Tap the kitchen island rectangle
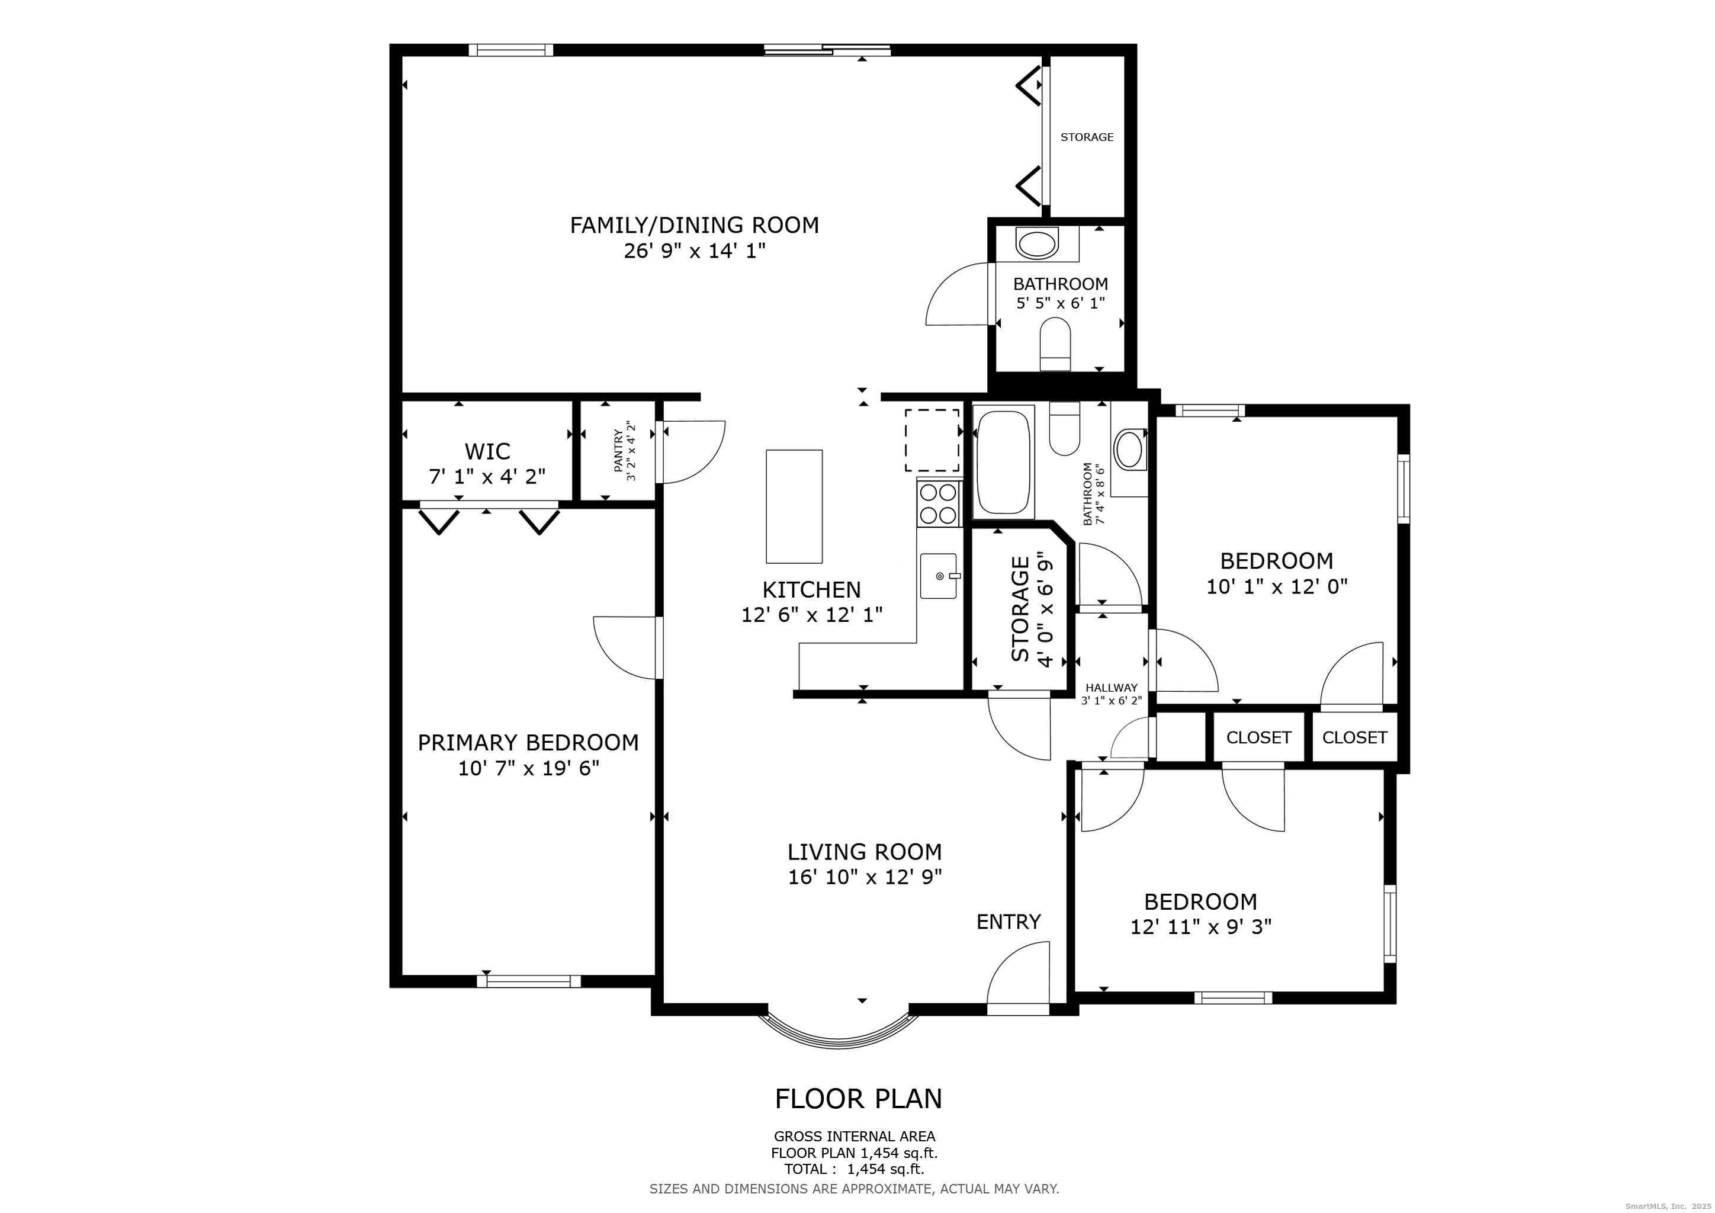click(794, 506)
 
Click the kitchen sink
click(939, 576)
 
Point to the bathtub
click(1003, 463)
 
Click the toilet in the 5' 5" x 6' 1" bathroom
click(1055, 344)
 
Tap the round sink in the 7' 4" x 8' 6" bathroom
click(1130, 449)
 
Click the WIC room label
click(487, 451)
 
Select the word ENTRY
click(1009, 922)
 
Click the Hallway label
click(1112, 688)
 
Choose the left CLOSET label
click(1258, 738)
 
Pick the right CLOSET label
click(1355, 738)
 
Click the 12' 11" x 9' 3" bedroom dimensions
click(1201, 927)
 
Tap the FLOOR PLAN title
click(858, 1099)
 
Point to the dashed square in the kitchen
click(932, 440)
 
